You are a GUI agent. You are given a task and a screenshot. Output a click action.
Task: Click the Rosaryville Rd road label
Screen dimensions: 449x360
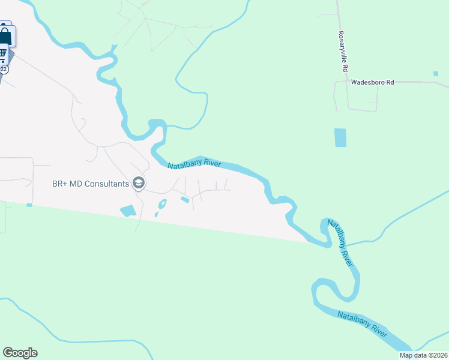(344, 53)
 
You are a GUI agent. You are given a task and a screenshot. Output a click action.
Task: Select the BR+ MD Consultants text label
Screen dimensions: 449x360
(91, 183)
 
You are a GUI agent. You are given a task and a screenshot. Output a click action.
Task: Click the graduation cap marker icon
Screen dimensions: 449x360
(139, 183)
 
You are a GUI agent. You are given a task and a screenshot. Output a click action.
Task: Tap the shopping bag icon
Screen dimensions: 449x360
(5, 35)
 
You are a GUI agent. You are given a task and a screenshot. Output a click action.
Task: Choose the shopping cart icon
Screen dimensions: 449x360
(3, 55)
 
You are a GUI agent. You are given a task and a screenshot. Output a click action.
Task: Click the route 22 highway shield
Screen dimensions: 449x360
(4, 69)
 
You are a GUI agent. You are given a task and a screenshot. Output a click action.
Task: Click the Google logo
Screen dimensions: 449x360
(20, 353)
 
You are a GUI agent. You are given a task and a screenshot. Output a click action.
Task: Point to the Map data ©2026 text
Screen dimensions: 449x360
(424, 355)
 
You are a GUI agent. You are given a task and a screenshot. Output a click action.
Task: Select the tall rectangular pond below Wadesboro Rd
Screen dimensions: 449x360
(340, 137)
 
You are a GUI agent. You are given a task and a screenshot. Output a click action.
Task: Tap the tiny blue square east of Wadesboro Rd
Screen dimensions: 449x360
(435, 74)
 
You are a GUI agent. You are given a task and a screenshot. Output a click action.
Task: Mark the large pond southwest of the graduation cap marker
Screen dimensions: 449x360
(128, 211)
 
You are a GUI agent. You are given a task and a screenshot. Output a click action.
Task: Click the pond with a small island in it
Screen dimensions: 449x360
(161, 205)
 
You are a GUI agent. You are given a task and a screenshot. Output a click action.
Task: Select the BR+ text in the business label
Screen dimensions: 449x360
(59, 183)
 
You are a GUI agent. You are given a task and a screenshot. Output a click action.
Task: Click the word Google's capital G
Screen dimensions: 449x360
(8, 353)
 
